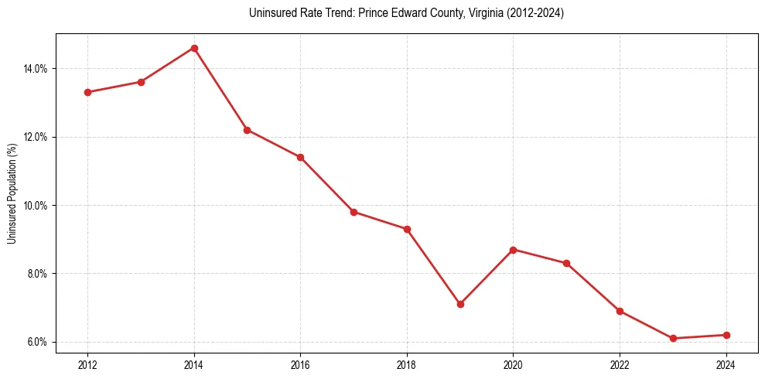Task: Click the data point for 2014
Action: click(194, 48)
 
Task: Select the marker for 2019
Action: click(460, 304)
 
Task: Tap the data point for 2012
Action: click(87, 92)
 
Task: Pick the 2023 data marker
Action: click(673, 338)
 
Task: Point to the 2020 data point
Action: click(514, 250)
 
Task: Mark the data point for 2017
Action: click(353, 212)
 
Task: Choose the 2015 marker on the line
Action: click(247, 130)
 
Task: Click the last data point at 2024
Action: click(726, 335)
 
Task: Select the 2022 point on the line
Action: click(620, 311)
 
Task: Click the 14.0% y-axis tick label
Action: click(36, 69)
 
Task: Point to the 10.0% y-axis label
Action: click(36, 206)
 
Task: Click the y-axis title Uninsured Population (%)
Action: click(12, 193)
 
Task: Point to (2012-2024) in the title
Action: click(535, 13)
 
